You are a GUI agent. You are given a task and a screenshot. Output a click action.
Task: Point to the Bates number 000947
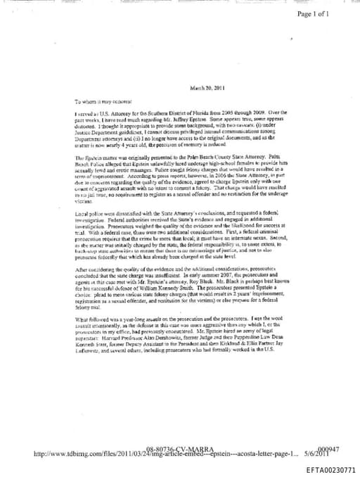(x=330, y=448)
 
